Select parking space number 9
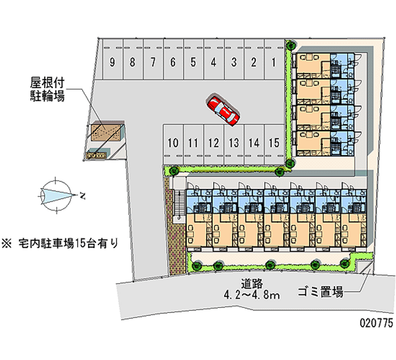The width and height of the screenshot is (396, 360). (x=113, y=62)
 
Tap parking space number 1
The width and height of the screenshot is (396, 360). (x=273, y=62)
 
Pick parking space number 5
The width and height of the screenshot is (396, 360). (x=194, y=62)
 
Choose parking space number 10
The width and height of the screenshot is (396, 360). (x=173, y=143)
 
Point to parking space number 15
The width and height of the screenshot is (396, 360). (x=274, y=143)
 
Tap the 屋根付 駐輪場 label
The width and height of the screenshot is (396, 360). (x=47, y=89)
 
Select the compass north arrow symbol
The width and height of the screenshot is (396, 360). (x=57, y=194)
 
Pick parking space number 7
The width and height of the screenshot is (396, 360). (x=153, y=62)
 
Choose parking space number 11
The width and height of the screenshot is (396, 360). (x=193, y=143)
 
